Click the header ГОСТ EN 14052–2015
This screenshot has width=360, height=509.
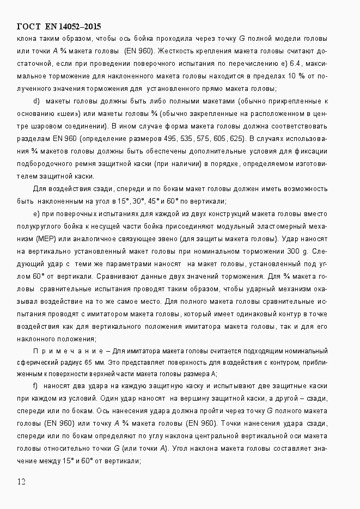click(59, 27)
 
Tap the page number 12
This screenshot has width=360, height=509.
click(22, 481)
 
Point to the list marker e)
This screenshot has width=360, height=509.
click(36, 213)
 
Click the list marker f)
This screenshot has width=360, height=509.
click(36, 386)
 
